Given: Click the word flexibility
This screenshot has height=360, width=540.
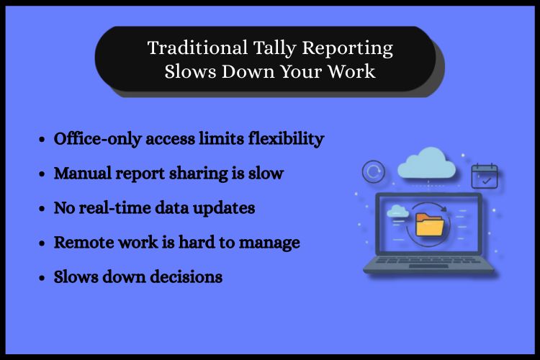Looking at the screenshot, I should (287, 139).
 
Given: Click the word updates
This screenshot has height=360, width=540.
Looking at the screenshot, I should (228, 209).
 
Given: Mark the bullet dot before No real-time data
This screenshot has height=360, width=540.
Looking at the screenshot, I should (42, 209).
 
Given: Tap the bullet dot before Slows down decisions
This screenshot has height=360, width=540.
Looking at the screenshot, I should (42, 277).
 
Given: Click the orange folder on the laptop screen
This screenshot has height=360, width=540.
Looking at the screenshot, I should (431, 225).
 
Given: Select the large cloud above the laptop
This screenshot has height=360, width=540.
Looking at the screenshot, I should (426, 165).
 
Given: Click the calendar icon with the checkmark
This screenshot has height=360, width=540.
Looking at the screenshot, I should (484, 176).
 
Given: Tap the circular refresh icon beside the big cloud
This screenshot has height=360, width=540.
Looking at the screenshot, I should (374, 172).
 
